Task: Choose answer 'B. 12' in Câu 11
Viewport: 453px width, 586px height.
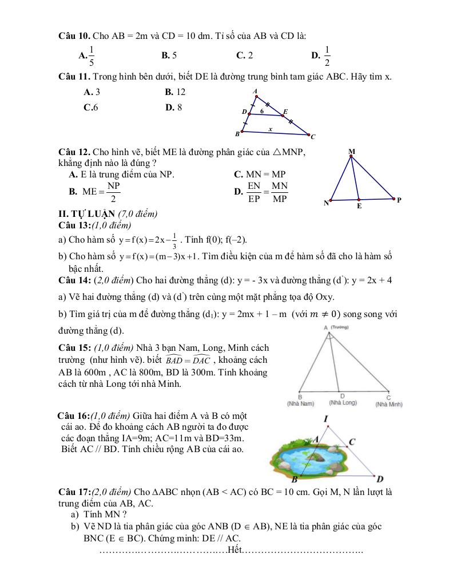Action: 175,92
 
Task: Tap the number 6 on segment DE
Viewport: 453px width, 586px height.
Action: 262,110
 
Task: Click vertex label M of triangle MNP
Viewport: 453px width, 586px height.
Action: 352,152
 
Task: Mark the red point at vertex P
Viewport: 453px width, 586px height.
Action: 394,199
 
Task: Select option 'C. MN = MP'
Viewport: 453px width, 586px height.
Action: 259,174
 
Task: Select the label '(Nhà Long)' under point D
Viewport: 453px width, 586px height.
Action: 343,403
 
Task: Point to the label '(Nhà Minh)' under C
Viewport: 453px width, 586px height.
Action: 389,405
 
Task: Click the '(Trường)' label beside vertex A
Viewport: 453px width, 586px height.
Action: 340,327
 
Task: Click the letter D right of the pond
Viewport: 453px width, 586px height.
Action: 380,478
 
